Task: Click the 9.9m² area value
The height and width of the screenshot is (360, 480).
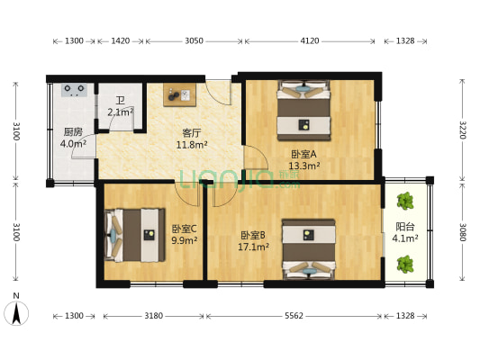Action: [x=185, y=240]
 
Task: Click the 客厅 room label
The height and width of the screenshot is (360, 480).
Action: [x=192, y=132]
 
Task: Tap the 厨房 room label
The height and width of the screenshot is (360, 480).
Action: [x=73, y=131]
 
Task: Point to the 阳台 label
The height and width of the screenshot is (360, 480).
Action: [x=405, y=227]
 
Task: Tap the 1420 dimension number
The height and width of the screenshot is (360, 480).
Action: [x=120, y=40]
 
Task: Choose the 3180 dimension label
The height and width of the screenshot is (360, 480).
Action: [x=154, y=316]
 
